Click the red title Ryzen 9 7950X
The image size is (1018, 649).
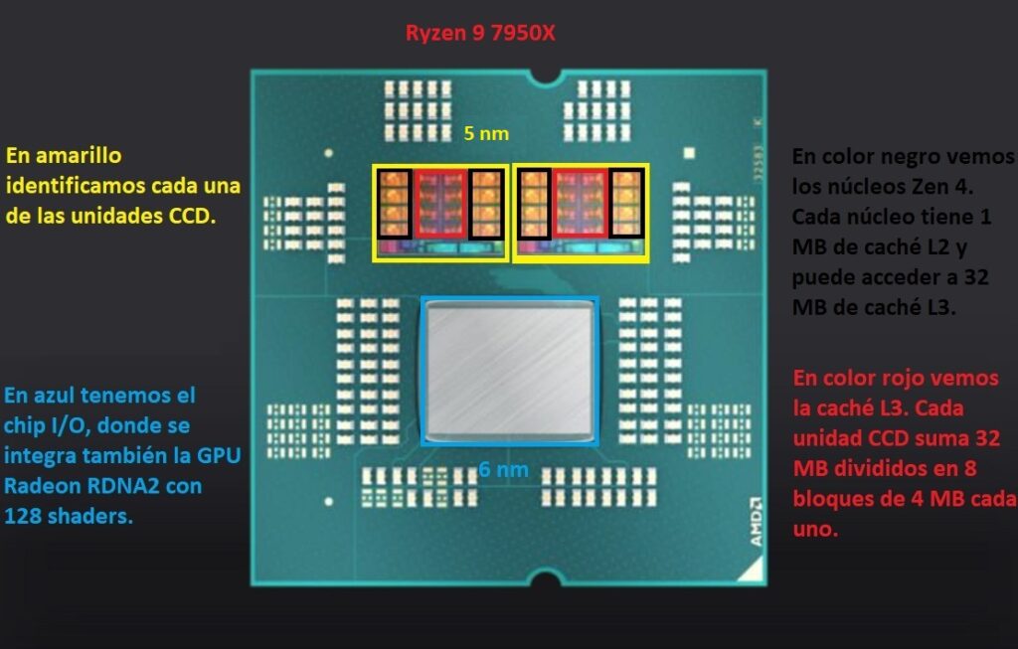[x=481, y=33]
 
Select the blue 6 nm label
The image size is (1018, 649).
[x=503, y=469]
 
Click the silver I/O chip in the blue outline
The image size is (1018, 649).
[x=510, y=370]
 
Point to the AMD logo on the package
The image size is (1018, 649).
[x=756, y=522]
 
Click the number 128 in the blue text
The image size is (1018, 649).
[x=24, y=516]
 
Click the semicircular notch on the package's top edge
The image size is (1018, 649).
[x=545, y=74]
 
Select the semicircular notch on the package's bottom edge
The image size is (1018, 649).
[x=544, y=577]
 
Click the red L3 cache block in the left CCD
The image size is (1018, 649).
[x=441, y=205]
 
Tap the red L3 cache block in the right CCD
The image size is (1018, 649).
[x=581, y=205]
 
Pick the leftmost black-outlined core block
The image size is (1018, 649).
[x=393, y=202]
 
